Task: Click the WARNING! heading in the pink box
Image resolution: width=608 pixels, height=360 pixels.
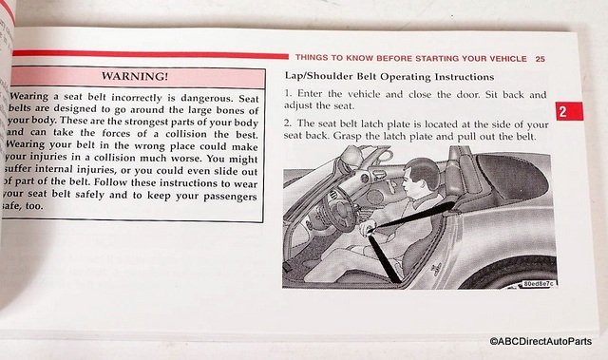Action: pyautogui.click(x=135, y=76)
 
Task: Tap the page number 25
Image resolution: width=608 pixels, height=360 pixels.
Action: pyautogui.click(x=541, y=59)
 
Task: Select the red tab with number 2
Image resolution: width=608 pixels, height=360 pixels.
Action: pyautogui.click(x=569, y=111)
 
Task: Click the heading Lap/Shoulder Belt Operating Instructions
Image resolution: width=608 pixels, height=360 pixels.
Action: pyautogui.click(x=389, y=76)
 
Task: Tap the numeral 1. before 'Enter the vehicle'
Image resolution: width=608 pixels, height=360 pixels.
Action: pyautogui.click(x=288, y=94)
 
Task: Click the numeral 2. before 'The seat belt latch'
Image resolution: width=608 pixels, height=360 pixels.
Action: pyautogui.click(x=287, y=123)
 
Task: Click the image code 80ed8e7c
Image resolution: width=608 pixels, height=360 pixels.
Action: pyautogui.click(x=539, y=284)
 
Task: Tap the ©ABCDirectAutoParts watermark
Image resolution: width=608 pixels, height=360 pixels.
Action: pyautogui.click(x=541, y=341)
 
